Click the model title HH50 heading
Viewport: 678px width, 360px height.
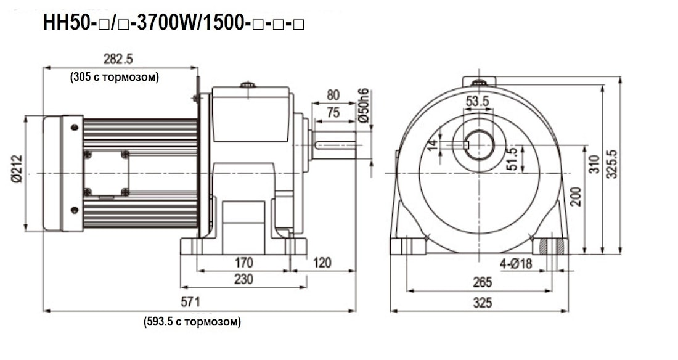(x=174, y=23)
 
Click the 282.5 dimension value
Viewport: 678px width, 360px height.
(x=118, y=59)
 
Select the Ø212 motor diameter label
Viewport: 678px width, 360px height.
(x=17, y=173)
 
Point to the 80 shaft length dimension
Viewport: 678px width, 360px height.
(x=333, y=95)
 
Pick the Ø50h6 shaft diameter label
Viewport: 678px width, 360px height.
(x=364, y=105)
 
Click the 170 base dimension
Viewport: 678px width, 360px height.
(x=243, y=263)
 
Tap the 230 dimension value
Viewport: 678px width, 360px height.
(x=243, y=279)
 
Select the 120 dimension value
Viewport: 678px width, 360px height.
(x=322, y=263)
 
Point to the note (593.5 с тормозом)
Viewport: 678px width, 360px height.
(x=192, y=322)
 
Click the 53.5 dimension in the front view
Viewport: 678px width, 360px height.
(x=478, y=101)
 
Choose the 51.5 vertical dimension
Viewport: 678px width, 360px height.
(x=511, y=159)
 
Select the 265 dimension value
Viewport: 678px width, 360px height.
(x=482, y=282)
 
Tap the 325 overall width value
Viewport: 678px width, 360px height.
(x=482, y=303)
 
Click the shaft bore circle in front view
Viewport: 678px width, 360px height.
(x=479, y=145)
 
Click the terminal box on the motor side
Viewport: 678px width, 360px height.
(x=106, y=173)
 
